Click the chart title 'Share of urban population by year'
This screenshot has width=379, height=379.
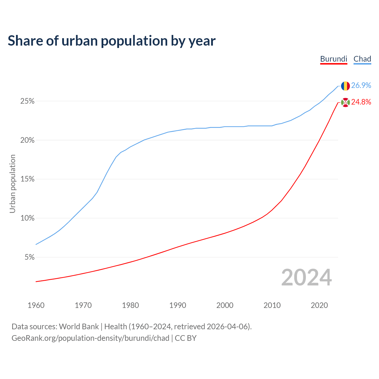[x=112, y=41]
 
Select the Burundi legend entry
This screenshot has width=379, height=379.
[x=333, y=59]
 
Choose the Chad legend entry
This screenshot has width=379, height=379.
[x=362, y=59]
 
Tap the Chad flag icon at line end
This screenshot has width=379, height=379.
[x=345, y=86]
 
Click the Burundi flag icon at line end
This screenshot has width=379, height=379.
[x=345, y=102]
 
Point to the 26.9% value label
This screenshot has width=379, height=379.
[x=361, y=85]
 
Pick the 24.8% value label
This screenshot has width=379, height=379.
[x=361, y=102]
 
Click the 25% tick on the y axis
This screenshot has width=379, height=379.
[x=27, y=101]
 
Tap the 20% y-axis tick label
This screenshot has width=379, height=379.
[x=27, y=140]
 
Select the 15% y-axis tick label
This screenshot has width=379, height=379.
[x=27, y=179]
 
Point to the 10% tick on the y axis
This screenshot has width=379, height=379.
[x=27, y=218]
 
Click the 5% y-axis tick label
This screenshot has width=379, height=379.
[x=29, y=257]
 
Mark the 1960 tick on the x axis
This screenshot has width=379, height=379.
[x=36, y=305]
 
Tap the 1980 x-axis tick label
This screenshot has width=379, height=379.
[x=130, y=305]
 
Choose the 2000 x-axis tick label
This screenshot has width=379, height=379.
[x=225, y=305]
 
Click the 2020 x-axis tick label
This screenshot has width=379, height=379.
[x=319, y=305]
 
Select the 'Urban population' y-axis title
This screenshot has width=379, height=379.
[x=12, y=184]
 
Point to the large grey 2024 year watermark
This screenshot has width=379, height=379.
[x=306, y=277]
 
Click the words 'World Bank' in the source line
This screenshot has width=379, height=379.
[x=79, y=327]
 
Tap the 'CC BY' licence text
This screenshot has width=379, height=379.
[x=186, y=338]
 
